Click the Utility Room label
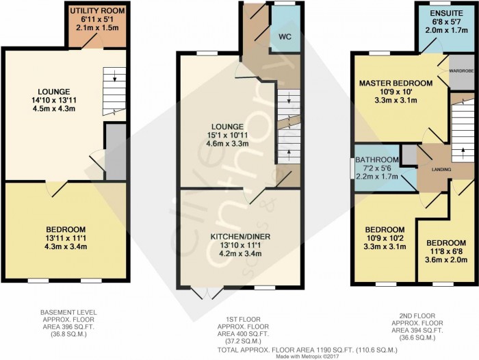[x=97, y=11]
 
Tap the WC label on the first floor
[x=285, y=37]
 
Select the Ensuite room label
[x=446, y=13]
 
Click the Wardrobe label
[x=461, y=70]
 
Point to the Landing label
[x=441, y=169]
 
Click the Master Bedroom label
[x=396, y=83]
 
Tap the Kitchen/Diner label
[x=240, y=237]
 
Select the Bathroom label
[x=377, y=159]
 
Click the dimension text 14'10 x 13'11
[x=54, y=100]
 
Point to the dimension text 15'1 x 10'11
[x=227, y=135]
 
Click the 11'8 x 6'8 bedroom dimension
[x=446, y=251]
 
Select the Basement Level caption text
[x=68, y=312]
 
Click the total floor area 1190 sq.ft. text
[x=307, y=350]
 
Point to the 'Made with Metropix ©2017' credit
[x=308, y=357]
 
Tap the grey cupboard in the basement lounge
[x=116, y=152]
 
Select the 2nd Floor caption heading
[x=417, y=316]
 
